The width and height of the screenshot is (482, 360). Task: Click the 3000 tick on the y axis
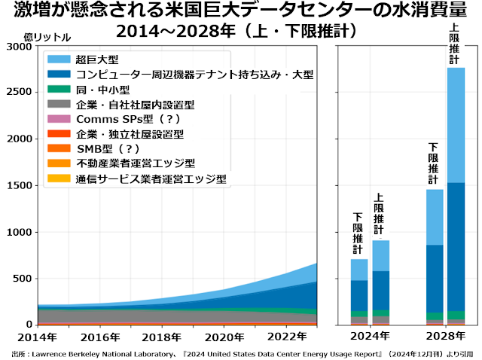pos(18,47)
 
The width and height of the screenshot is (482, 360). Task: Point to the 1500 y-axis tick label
pos(18,185)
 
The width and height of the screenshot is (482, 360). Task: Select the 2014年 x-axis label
pos(37,337)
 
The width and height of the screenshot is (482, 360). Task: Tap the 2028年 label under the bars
pos(444,337)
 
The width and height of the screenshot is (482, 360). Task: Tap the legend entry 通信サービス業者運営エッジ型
pos(151,178)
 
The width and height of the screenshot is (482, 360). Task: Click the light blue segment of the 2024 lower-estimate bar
pos(359,270)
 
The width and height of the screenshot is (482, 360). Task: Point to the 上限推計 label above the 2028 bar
pos(455,44)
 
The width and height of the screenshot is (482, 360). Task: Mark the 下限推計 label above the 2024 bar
pos(358,233)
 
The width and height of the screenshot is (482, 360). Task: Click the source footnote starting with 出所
pos(241,352)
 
